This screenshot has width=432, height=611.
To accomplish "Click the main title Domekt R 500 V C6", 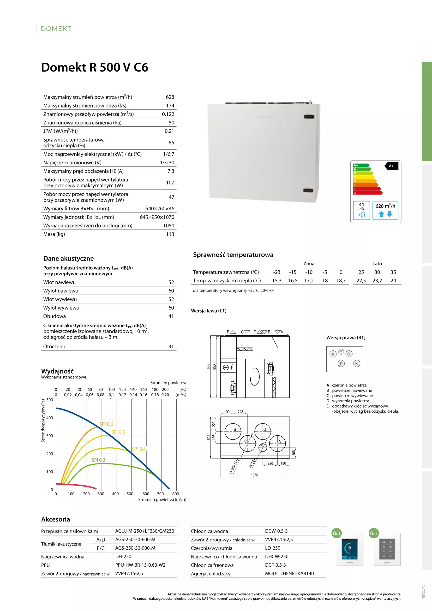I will click(95, 67).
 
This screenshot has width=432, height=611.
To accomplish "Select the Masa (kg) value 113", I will click(170, 234).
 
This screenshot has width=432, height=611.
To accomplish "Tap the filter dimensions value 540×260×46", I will click(160, 209).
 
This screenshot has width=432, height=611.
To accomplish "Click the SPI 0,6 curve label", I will click(106, 424).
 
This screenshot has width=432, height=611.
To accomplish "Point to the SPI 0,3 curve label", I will click(98, 460).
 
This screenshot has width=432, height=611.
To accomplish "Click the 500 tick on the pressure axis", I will click(50, 400).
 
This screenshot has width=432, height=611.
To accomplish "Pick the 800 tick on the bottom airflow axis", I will click(175, 494).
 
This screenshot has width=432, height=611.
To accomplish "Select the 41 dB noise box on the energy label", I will click(361, 210).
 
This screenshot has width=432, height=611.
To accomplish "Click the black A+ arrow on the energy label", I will click(391, 166).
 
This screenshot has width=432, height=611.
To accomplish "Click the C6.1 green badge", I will click(337, 533).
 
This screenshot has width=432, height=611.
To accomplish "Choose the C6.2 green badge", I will click(374, 533).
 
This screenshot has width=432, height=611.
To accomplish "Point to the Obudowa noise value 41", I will click(171, 316).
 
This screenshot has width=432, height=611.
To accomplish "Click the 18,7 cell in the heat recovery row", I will click(341, 280).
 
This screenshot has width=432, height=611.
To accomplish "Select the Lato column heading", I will click(377, 263).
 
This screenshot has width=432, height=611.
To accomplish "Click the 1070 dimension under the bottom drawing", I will click(254, 475).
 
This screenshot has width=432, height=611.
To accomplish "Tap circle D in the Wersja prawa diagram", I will click(341, 363).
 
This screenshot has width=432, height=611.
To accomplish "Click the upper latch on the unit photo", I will click(309, 117).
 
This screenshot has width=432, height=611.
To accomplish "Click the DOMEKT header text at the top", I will click(56, 29).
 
